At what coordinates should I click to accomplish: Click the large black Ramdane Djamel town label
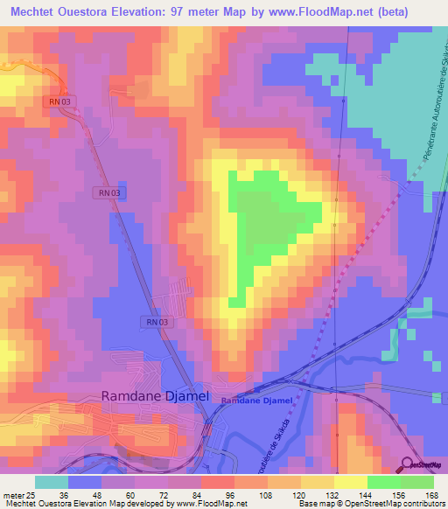pos(156,396)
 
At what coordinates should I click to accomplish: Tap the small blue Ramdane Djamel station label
pos(255,401)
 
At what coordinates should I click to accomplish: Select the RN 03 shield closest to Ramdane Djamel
pos(154,323)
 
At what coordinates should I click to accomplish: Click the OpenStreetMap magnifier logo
pos(408,464)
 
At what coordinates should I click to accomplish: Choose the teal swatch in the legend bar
pos(51,482)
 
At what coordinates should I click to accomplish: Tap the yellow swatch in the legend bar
pos(350,482)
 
